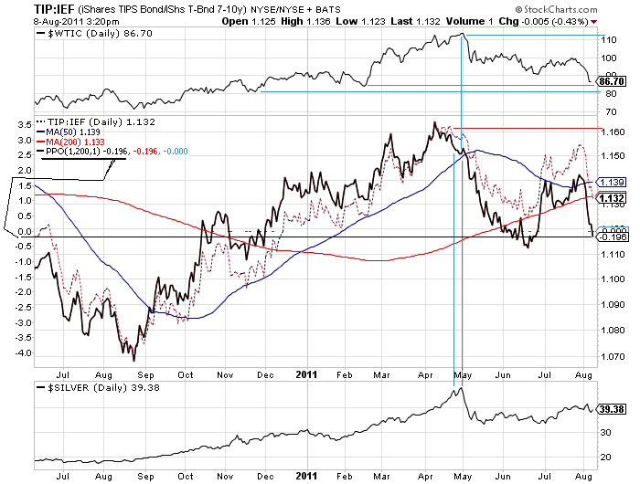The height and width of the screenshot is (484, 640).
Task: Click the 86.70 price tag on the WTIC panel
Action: (609, 81)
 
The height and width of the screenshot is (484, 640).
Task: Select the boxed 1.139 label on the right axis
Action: (609, 183)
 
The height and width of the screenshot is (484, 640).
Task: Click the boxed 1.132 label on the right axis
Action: (609, 198)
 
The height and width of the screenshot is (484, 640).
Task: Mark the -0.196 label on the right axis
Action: (609, 237)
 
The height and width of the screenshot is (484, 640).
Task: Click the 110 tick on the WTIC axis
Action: (607, 39)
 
